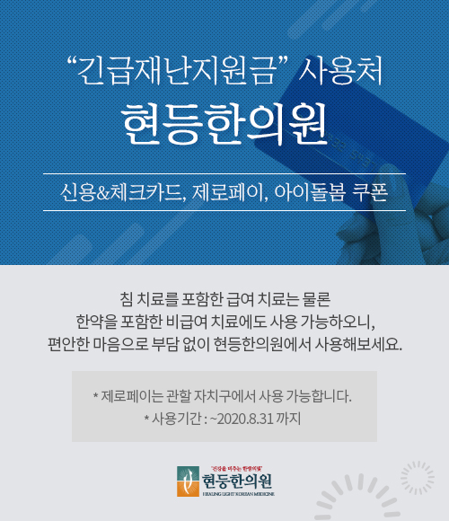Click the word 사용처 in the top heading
click(x=340, y=70)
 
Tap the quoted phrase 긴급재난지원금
click(x=177, y=70)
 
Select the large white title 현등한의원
click(x=224, y=124)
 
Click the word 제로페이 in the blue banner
click(x=230, y=192)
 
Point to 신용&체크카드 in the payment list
click(x=121, y=192)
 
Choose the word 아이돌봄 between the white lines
click(x=310, y=192)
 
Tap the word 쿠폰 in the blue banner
click(x=370, y=192)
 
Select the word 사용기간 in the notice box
click(x=176, y=419)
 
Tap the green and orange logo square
click(x=188, y=481)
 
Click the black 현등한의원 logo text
click(x=237, y=481)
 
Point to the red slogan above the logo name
click(x=237, y=469)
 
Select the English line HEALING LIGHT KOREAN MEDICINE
click(x=239, y=494)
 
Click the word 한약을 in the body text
click(x=97, y=322)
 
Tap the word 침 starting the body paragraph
click(x=127, y=299)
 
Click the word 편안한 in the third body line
click(x=68, y=344)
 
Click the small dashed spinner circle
click(x=418, y=478)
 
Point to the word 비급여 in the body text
click(x=187, y=322)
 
